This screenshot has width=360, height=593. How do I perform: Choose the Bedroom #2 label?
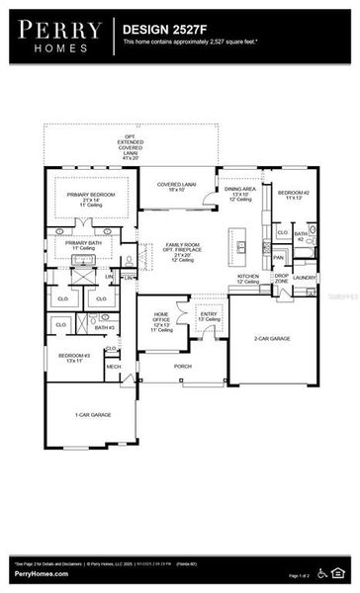295,196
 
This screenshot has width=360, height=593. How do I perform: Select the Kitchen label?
247,279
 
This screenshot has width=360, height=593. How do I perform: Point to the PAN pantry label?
279,257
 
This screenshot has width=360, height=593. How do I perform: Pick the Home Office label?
160,321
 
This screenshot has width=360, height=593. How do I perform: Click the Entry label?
209,316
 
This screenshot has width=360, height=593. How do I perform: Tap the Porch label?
183,366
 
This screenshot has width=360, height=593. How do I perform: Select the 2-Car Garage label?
273,338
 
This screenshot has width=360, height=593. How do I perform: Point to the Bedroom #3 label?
72,357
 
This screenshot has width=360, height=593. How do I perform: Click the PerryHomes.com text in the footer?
41,574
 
